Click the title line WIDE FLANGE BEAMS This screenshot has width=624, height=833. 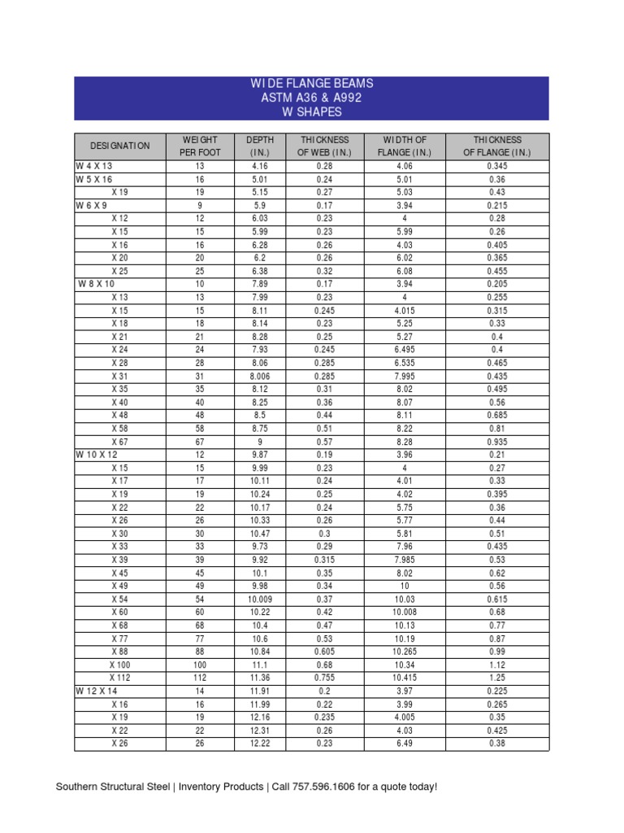click(x=312, y=84)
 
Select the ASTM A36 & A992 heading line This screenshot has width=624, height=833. click(x=312, y=98)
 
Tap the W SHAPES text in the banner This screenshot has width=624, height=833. click(x=312, y=111)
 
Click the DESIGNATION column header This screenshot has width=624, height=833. click(x=119, y=146)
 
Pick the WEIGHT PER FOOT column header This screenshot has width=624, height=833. click(x=199, y=146)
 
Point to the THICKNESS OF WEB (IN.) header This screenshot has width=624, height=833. click(x=323, y=146)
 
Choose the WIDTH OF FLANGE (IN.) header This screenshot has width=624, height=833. click(x=404, y=146)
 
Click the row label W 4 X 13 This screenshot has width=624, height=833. click(x=95, y=166)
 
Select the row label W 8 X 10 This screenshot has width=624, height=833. click(x=97, y=284)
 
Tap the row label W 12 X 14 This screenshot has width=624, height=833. click(x=98, y=691)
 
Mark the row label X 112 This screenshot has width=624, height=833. click(x=119, y=677)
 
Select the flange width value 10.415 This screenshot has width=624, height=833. click(x=404, y=677)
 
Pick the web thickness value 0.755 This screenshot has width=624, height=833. click(x=323, y=677)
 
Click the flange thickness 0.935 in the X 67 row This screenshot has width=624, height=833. click(x=497, y=442)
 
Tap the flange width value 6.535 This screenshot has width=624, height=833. click(x=404, y=363)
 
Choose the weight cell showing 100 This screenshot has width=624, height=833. click(x=199, y=665)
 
